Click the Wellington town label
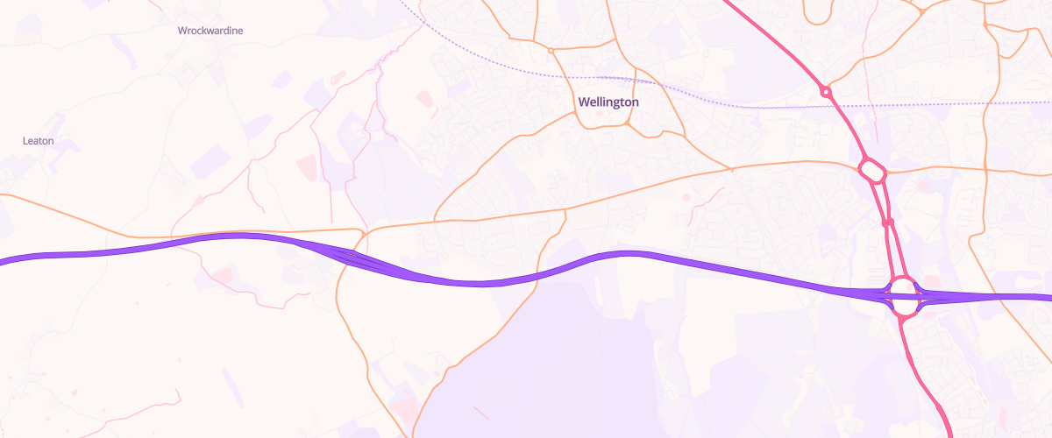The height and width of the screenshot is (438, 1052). coord(608,102)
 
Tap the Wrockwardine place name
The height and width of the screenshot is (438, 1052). coord(210,31)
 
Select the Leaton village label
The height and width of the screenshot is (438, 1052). coord(39,140)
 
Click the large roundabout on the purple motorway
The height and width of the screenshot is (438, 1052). coord(905,295)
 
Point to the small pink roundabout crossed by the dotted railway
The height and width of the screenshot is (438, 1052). coord(825,91)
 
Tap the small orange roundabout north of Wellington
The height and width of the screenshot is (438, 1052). coord(551,51)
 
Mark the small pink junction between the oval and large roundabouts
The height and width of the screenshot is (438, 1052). coord(887,223)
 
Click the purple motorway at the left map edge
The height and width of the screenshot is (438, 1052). coord(4,259)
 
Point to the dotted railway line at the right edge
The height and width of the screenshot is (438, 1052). coord(1048,102)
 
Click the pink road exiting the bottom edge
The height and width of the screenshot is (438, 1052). coord(950,434)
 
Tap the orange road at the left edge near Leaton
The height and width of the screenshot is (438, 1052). coord(4,194)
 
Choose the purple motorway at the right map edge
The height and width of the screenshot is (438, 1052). coord(1048,297)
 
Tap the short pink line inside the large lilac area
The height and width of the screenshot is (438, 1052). coord(480,412)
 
